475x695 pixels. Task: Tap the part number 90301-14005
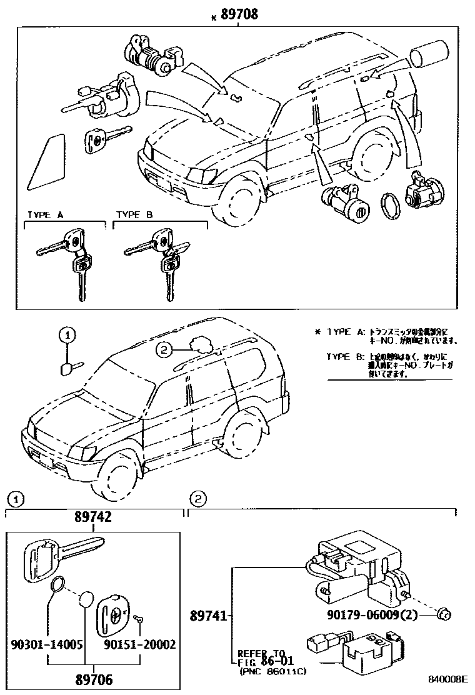pos(47,644)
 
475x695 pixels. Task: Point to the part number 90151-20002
pos(139,644)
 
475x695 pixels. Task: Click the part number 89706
pos(94,679)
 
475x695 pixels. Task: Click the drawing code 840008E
pos(447,679)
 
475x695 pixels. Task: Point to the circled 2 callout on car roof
pos(164,351)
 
